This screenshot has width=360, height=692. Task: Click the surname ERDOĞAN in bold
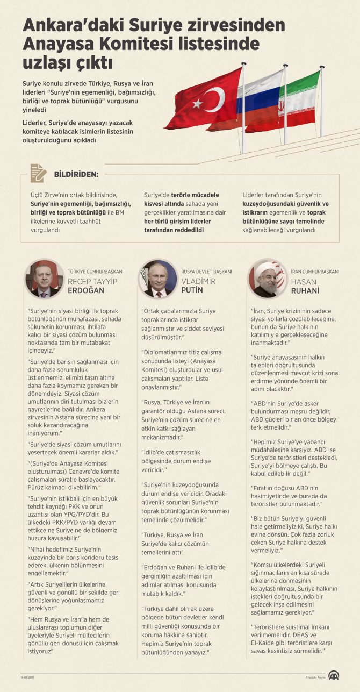click(x=86, y=290)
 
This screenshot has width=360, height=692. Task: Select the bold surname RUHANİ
click(x=305, y=290)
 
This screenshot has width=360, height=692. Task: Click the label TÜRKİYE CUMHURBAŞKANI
click(x=96, y=272)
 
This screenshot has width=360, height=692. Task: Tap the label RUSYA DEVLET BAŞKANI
click(x=206, y=272)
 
